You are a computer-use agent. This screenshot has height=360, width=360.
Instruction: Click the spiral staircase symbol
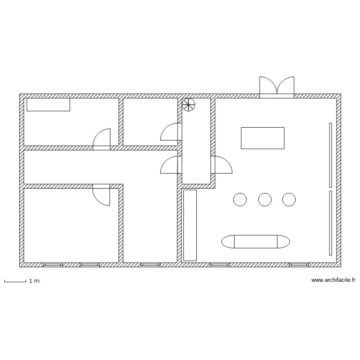(188, 105)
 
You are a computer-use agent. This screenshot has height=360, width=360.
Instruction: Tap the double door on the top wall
(276, 87)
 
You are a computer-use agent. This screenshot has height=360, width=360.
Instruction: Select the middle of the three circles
(265, 200)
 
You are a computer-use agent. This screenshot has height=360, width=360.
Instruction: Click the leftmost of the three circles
(240, 200)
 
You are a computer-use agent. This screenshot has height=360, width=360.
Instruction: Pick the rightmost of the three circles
(289, 200)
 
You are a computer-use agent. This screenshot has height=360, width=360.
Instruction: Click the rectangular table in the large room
(263, 138)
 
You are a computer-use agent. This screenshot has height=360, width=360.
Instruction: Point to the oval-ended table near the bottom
(255, 241)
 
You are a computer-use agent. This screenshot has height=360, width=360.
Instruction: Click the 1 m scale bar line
(15, 281)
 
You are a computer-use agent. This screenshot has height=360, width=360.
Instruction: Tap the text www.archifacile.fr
(334, 280)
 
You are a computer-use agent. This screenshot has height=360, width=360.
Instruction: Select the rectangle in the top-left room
(48, 105)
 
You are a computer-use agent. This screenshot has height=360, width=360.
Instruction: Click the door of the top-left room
(101, 139)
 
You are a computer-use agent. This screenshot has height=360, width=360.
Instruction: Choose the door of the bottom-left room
(101, 195)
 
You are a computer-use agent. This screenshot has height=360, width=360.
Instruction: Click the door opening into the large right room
(222, 165)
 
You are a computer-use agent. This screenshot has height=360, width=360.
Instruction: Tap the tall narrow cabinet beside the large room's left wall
(190, 225)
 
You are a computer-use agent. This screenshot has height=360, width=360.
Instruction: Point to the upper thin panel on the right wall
(331, 155)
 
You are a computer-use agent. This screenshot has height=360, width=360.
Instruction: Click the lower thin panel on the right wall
(331, 223)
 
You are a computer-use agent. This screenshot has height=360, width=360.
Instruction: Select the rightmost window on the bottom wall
(299, 265)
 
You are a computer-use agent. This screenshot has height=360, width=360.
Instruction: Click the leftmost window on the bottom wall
(53, 265)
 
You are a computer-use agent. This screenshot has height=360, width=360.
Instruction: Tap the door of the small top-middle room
(171, 132)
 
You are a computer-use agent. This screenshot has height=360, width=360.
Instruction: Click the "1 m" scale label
(35, 281)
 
